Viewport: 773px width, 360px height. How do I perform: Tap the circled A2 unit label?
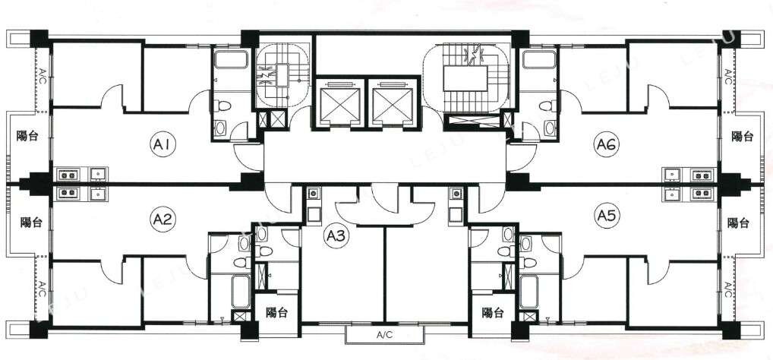click(x=162, y=219)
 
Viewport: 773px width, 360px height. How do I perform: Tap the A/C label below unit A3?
click(x=384, y=336)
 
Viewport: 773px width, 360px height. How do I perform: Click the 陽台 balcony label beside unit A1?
click(x=27, y=137)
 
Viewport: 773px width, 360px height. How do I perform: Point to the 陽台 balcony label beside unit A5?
click(x=739, y=223)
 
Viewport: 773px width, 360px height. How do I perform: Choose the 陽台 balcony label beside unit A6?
click(x=742, y=137)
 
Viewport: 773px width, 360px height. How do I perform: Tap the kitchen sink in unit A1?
click(x=98, y=175)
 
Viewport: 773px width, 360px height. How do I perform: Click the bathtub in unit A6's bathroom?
click(x=540, y=60)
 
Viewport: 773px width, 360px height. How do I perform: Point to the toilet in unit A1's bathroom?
click(x=222, y=106)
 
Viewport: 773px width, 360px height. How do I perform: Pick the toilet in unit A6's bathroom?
click(x=547, y=106)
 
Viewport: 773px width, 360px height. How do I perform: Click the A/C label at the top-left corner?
click(x=43, y=77)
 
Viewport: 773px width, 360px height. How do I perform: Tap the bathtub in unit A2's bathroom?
click(x=241, y=291)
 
